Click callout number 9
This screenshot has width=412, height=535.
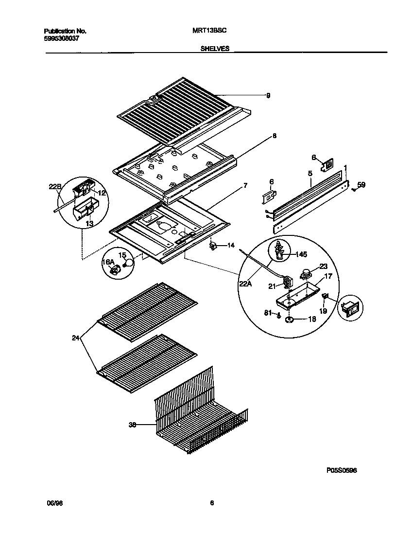tap(268, 96)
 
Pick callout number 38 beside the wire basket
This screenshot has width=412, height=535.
tap(132, 425)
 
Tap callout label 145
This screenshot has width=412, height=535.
tap(301, 254)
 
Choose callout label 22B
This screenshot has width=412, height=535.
tap(55, 186)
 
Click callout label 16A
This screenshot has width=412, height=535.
tap(107, 263)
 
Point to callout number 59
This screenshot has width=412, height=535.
tap(361, 184)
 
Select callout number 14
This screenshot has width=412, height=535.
tap(230, 246)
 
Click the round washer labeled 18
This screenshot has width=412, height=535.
tap(290, 320)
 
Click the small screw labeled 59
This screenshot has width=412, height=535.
tap(353, 190)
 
